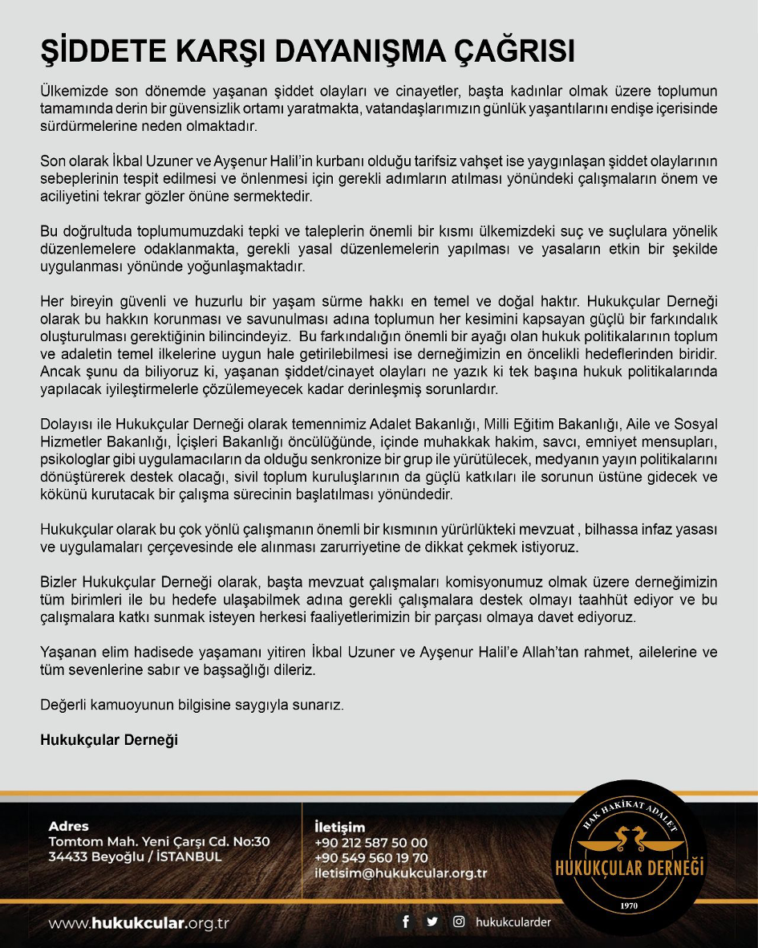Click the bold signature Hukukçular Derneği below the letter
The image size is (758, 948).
click(109, 740)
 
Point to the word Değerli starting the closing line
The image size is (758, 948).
click(65, 706)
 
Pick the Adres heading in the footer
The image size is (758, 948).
click(68, 826)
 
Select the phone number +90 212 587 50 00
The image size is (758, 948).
click(372, 843)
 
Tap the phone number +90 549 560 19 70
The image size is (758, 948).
click(372, 858)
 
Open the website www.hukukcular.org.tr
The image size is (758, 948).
click(139, 923)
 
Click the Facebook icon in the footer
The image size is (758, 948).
click(406, 922)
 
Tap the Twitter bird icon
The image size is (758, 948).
click(432, 922)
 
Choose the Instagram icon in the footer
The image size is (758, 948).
click(459, 922)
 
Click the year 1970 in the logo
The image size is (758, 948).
click(629, 906)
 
